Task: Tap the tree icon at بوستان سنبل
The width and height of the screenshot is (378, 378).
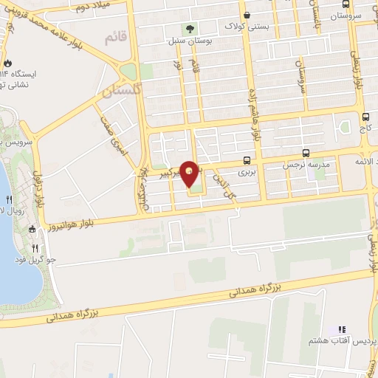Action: (190, 30)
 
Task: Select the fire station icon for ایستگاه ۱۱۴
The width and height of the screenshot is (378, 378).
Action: (8, 63)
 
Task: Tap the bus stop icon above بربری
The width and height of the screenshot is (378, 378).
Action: (245, 161)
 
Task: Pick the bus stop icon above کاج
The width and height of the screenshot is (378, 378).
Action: (365, 117)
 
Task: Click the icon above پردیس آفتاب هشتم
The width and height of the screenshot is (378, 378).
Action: (341, 329)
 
